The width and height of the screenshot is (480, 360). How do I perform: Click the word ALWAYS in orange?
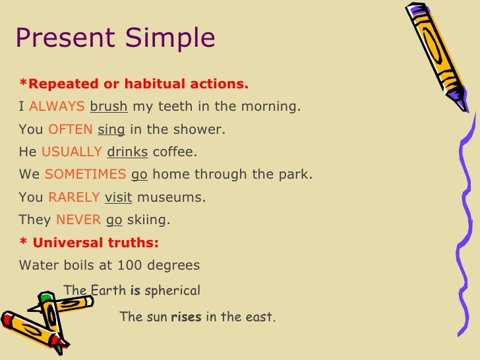click(57, 106)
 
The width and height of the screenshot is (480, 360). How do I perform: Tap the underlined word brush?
click(108, 106)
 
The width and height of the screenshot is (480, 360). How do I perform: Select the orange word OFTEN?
click(71, 129)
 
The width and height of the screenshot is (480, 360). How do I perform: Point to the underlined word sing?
click(111, 129)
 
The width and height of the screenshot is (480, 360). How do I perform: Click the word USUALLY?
click(71, 152)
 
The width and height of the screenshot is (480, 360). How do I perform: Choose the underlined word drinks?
click(127, 152)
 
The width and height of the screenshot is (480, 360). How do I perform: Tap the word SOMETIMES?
click(85, 175)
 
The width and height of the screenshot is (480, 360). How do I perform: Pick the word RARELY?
click(74, 198)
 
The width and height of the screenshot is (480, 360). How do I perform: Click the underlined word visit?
click(118, 198)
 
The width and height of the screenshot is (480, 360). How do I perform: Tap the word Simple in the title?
click(173, 39)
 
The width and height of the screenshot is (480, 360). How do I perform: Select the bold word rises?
click(186, 317)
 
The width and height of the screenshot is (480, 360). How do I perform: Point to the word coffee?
click(174, 152)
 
